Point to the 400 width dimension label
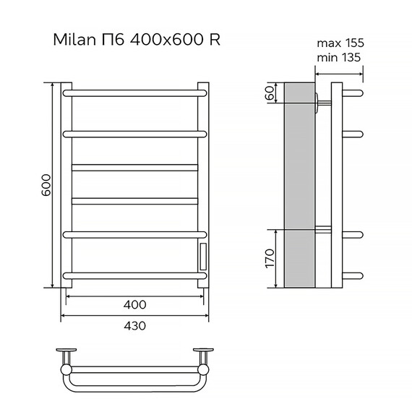click(135, 304)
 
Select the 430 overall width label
click(135, 325)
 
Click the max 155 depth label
click(340, 43)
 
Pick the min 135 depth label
click(340, 57)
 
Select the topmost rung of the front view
click(135, 93)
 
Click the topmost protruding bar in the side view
click(351, 93)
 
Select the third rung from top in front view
click(135, 167)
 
